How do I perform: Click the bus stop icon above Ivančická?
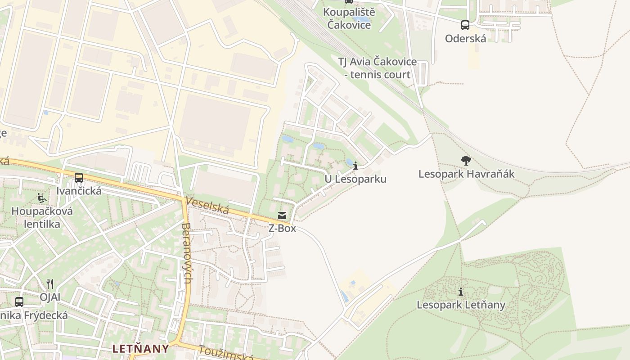pos(79,178)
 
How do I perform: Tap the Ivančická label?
pos(79,191)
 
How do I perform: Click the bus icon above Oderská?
pos(465,25)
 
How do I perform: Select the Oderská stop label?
pos(465,38)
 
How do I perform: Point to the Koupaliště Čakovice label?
pos(349,18)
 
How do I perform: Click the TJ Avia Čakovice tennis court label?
pos(377,68)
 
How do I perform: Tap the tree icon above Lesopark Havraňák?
pos(466,160)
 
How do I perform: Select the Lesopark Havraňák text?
pos(466,174)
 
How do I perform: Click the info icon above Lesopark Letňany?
pos(460,292)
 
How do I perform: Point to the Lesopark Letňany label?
pos(461,305)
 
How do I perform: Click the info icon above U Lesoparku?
pos(355,166)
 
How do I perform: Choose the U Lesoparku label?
pos(355,179)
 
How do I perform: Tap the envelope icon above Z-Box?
pos(282,216)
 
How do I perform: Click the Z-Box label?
pos(282,228)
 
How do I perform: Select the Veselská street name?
pos(207,206)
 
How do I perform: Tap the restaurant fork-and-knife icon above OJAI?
pos(50,283)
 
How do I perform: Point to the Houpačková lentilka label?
pos(42,217)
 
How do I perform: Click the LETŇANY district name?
pos(140,348)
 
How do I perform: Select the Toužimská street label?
pos(225,354)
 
